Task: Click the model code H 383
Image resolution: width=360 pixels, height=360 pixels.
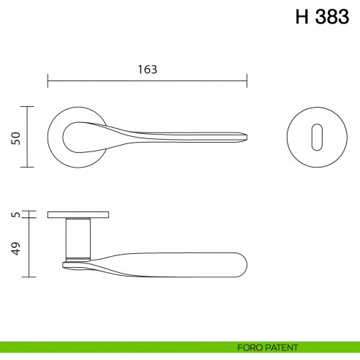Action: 322,18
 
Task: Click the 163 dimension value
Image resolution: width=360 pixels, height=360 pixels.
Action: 147,70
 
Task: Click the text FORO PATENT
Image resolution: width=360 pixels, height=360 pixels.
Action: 267,348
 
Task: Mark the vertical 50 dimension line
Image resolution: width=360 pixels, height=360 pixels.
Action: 28,137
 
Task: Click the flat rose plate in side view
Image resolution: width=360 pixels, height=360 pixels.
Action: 78,214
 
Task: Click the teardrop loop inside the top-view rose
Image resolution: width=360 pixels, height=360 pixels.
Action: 77,137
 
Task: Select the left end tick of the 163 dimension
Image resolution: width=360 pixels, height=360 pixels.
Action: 48,80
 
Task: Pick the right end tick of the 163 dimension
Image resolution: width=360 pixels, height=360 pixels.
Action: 247,80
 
